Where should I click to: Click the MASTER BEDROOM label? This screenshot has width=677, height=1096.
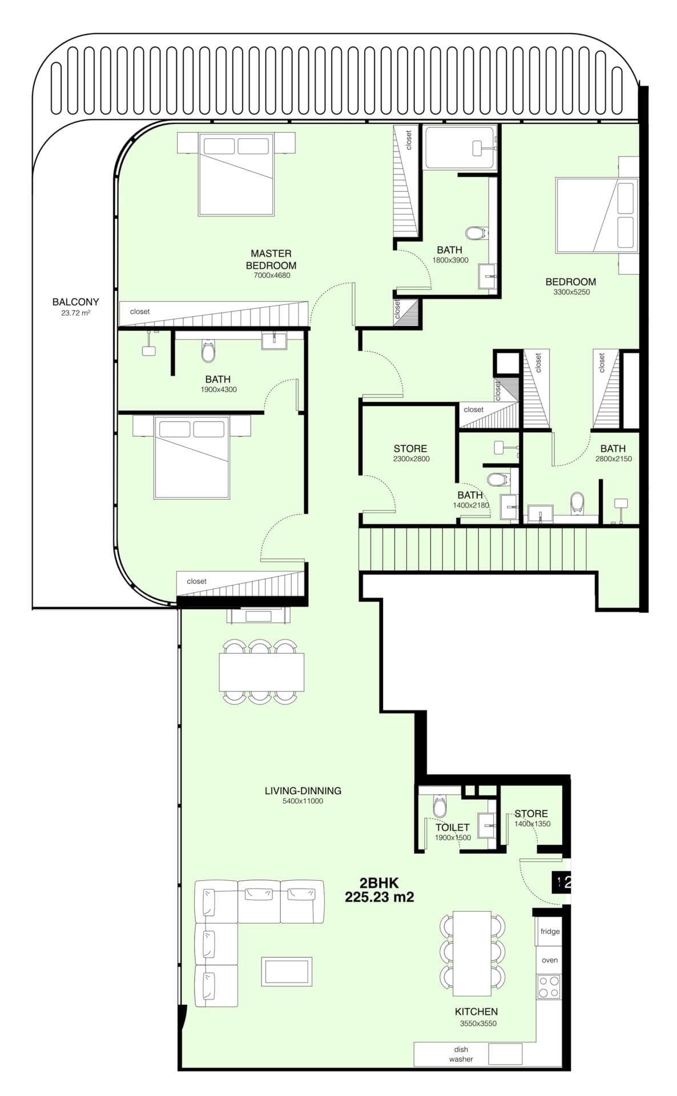pos(271,259)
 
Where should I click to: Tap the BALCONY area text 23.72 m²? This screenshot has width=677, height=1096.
pos(75,313)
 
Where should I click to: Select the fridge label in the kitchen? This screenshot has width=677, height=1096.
pos(549,932)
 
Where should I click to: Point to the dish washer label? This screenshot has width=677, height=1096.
pos(461,1054)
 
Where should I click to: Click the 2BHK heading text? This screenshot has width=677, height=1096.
pos(379,883)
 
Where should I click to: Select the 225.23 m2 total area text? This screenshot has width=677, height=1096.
pos(379,897)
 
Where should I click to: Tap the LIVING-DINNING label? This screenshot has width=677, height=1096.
pos(303,791)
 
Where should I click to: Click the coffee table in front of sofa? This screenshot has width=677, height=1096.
pos(287,972)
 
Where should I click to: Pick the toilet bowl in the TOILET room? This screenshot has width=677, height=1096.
pos(440,807)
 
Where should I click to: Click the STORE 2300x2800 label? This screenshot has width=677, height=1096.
pos(410,449)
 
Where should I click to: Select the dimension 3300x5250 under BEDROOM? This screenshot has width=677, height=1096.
pos(571,292)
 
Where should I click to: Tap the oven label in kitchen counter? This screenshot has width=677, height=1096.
pos(549,960)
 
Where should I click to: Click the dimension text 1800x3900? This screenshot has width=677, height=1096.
pos(450,260)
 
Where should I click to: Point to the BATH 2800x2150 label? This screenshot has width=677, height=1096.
pos(612,449)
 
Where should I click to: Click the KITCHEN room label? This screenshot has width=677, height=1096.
pos(476,1012)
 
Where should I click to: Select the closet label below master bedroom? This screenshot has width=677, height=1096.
pos(140,312)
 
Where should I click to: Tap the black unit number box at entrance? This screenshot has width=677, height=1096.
pos(561,882)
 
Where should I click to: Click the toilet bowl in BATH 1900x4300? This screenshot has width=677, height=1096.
pos(208,352)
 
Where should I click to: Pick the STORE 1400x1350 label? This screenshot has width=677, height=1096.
pos(531,813)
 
